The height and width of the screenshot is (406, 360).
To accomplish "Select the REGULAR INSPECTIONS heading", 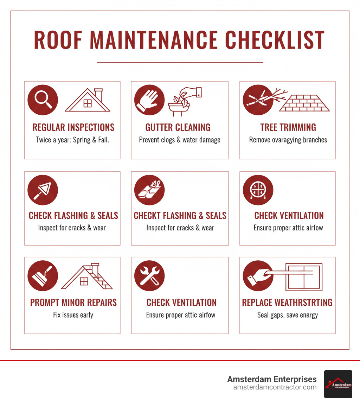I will click(73, 127).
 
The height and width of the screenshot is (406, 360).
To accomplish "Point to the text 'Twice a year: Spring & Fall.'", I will click(73, 139).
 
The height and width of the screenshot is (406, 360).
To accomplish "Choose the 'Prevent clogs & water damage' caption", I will click(180, 140).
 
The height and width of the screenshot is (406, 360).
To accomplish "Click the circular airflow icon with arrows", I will click(258, 190).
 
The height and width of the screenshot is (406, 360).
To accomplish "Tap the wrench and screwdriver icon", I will click(149, 276).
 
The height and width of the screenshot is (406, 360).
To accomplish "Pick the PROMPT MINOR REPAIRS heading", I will click(73, 302).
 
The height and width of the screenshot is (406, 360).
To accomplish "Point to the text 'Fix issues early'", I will click(73, 315).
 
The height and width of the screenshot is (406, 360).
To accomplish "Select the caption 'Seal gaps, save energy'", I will click(287, 315).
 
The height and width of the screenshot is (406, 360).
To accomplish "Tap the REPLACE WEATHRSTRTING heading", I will click(287, 302).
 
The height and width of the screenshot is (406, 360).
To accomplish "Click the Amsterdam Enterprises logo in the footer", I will click(338, 384).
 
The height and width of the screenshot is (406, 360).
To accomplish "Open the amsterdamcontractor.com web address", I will click(275, 387).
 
